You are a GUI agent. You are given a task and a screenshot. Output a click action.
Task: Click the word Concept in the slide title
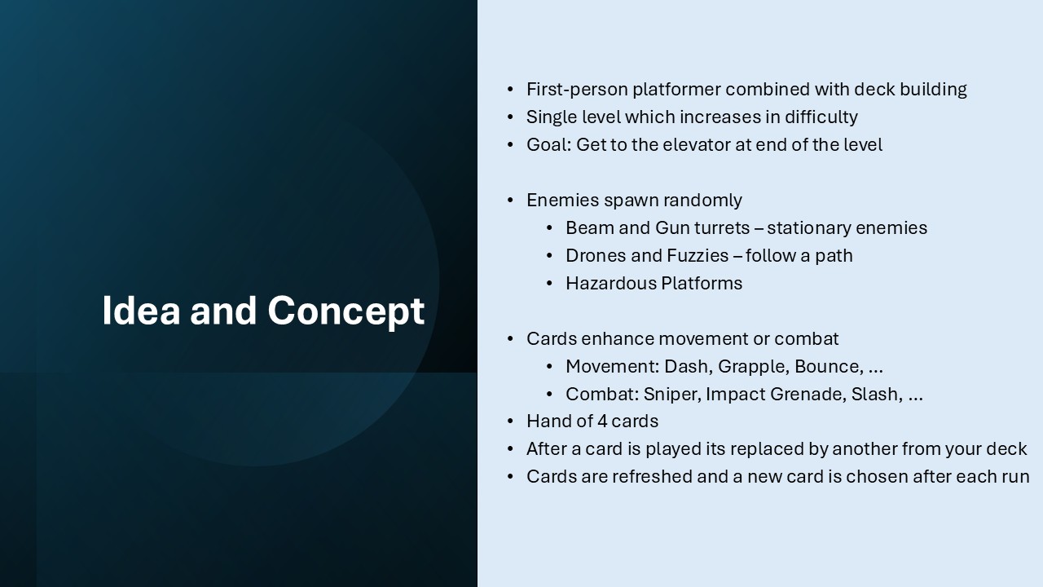[x=346, y=311]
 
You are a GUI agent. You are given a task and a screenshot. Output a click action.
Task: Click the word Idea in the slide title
[x=141, y=311]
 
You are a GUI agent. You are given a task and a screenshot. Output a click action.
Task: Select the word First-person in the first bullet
[x=578, y=90]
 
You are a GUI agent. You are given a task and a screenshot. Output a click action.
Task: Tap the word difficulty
[x=821, y=117]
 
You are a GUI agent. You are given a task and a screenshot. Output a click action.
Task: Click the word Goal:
[x=548, y=145]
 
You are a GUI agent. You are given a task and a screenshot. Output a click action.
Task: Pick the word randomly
[x=702, y=201]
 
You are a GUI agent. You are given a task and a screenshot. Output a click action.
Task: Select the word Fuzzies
[x=698, y=256]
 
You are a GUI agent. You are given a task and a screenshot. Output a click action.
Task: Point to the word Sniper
[x=672, y=395]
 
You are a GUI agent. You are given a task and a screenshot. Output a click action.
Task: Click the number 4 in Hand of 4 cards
[x=602, y=421]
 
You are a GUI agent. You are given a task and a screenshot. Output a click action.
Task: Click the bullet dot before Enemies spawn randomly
[x=510, y=201]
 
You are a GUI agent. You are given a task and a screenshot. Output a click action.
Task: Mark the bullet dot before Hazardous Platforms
[x=549, y=283]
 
